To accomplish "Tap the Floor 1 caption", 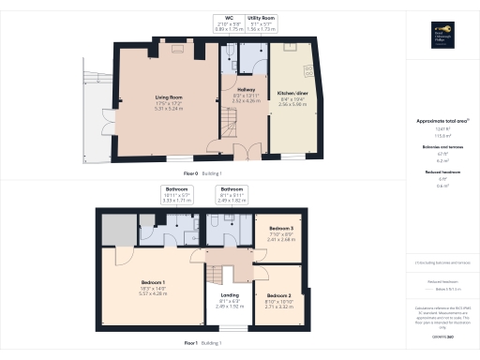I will [190, 343].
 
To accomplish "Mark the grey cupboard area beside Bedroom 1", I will [114, 228].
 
